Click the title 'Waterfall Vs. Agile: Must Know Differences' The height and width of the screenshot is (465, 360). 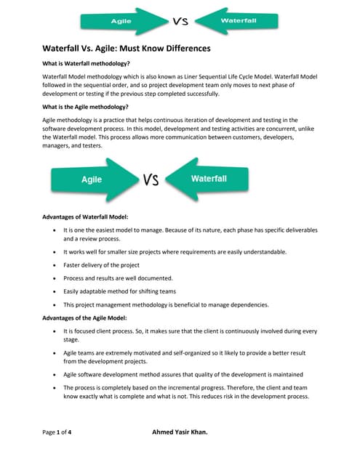coord(125,49)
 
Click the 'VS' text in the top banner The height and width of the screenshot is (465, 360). coord(180,21)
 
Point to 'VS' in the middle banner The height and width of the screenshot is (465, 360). coord(151,179)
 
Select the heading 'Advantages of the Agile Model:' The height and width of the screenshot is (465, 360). coord(85,318)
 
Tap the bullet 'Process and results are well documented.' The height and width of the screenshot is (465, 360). coord(118,278)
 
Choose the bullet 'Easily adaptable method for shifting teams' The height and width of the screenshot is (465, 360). coord(119,291)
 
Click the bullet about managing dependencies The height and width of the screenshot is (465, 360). coord(166,304)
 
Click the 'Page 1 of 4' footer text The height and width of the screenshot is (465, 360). coord(57,432)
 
